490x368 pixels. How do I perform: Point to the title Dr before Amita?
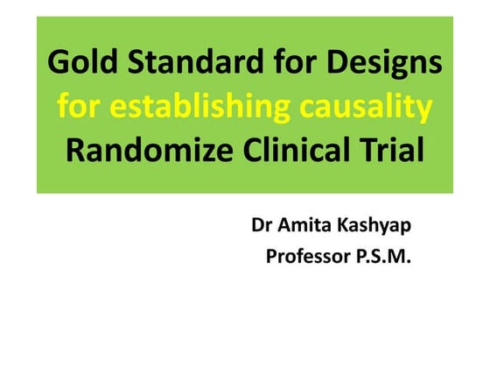tap(262, 225)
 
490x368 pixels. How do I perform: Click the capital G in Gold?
tap(58, 64)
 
